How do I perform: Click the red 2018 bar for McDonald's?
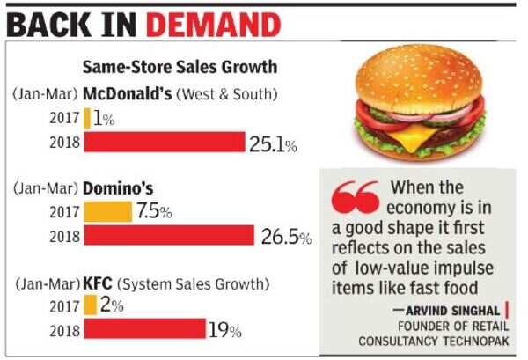click(165, 142)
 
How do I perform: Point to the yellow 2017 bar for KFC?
click(90, 305)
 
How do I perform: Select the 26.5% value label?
click(288, 237)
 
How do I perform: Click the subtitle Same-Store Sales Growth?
click(180, 67)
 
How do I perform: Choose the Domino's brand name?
click(120, 188)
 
